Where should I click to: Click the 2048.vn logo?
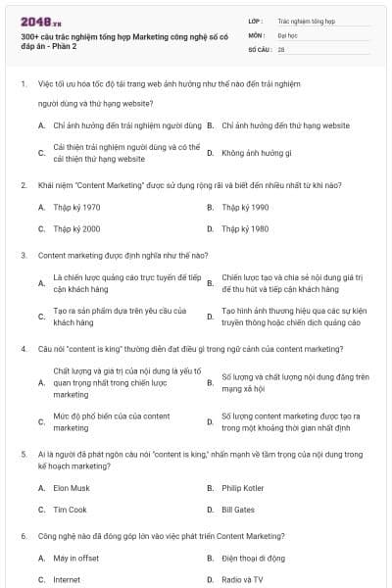(x=38, y=21)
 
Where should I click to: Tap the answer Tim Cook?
(x=69, y=510)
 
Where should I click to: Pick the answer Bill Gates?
(x=237, y=510)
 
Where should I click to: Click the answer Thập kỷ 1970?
(x=76, y=207)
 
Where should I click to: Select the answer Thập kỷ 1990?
(x=245, y=207)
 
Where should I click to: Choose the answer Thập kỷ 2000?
(x=76, y=228)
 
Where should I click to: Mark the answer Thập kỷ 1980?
(x=245, y=228)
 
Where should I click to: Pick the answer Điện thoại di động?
(x=253, y=558)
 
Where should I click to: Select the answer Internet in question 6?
(x=67, y=579)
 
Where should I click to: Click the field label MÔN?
(x=257, y=34)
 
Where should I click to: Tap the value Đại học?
(x=289, y=34)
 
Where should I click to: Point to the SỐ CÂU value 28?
(x=281, y=48)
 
